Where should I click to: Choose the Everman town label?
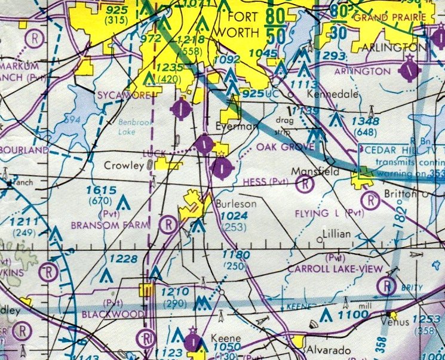pyautogui.click(x=229, y=127)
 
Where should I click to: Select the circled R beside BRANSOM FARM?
pyautogui.click(x=170, y=224)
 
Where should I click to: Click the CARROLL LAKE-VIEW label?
pyautogui.click(x=334, y=269)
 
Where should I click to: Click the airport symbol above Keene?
pyautogui.click(x=193, y=341)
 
